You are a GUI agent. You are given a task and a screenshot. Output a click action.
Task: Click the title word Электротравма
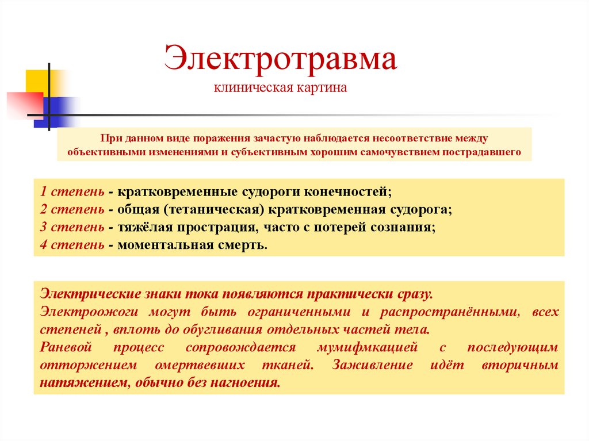[x=280, y=59]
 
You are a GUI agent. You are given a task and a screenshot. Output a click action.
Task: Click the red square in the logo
[x=25, y=105]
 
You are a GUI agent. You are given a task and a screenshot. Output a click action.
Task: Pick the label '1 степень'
[x=72, y=191]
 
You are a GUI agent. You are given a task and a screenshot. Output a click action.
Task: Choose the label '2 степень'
[x=72, y=209]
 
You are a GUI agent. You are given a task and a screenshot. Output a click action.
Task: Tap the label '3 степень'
[x=72, y=227]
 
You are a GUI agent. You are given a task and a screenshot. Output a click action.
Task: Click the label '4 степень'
[x=72, y=244]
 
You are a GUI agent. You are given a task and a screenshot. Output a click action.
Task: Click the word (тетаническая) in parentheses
[x=214, y=209]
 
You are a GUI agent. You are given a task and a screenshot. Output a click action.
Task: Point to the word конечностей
[x=347, y=192]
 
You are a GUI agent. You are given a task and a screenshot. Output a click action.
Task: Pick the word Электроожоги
[x=89, y=312]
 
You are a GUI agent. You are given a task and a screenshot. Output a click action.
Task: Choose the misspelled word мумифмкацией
[x=368, y=347]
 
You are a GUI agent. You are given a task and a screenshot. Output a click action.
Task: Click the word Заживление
[x=372, y=365]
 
